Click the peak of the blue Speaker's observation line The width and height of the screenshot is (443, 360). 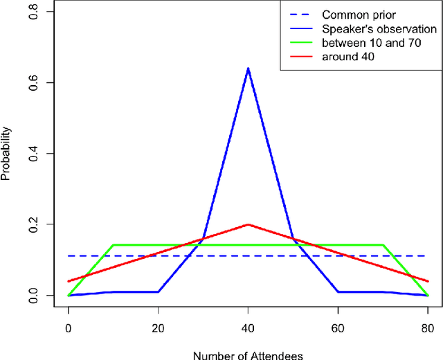click(x=248, y=69)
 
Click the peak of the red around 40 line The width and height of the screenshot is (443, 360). click(x=248, y=224)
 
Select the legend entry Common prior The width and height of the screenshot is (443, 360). click(x=350, y=15)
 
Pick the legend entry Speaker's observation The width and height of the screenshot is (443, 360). click(x=379, y=29)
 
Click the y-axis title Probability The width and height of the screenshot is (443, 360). click(x=6, y=153)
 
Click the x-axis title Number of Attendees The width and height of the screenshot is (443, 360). click(x=248, y=354)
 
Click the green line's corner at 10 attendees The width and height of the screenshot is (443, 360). click(x=113, y=245)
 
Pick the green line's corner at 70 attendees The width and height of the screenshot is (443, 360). click(x=383, y=245)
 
